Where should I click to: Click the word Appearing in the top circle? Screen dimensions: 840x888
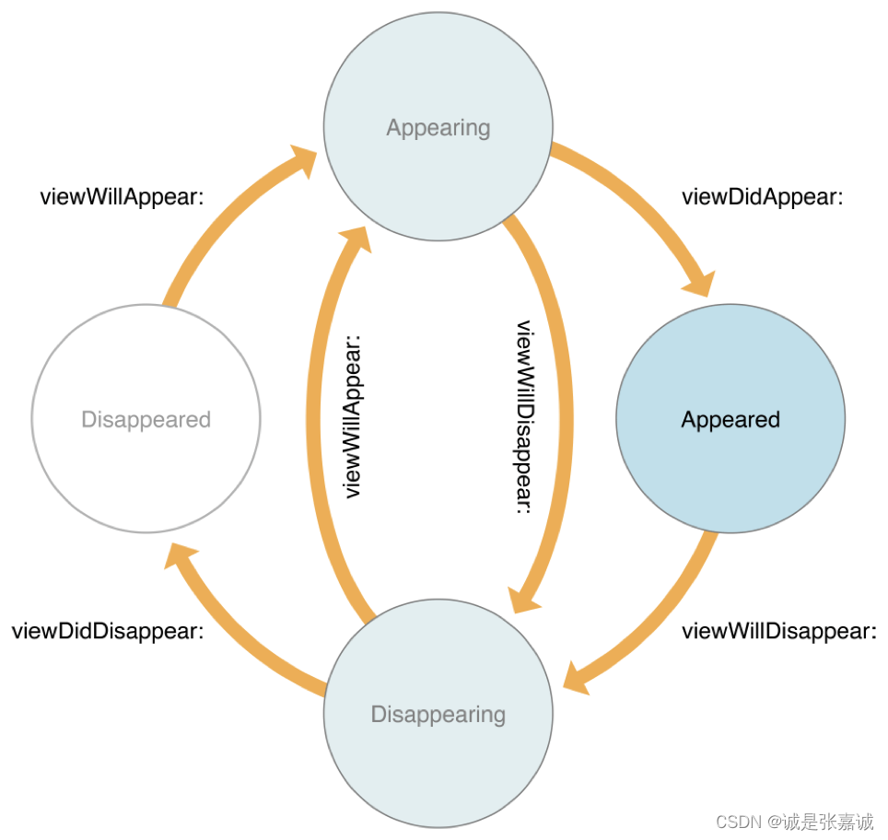438,127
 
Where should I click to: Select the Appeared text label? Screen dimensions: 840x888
730,420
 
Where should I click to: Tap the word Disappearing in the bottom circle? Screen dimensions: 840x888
438,715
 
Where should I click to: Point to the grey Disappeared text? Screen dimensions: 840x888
146,420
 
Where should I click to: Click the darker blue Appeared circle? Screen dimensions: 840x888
730,368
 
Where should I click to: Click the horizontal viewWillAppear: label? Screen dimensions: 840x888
122,197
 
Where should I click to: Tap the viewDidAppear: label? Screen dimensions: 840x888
762,197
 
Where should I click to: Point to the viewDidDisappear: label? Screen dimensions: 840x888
107,632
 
